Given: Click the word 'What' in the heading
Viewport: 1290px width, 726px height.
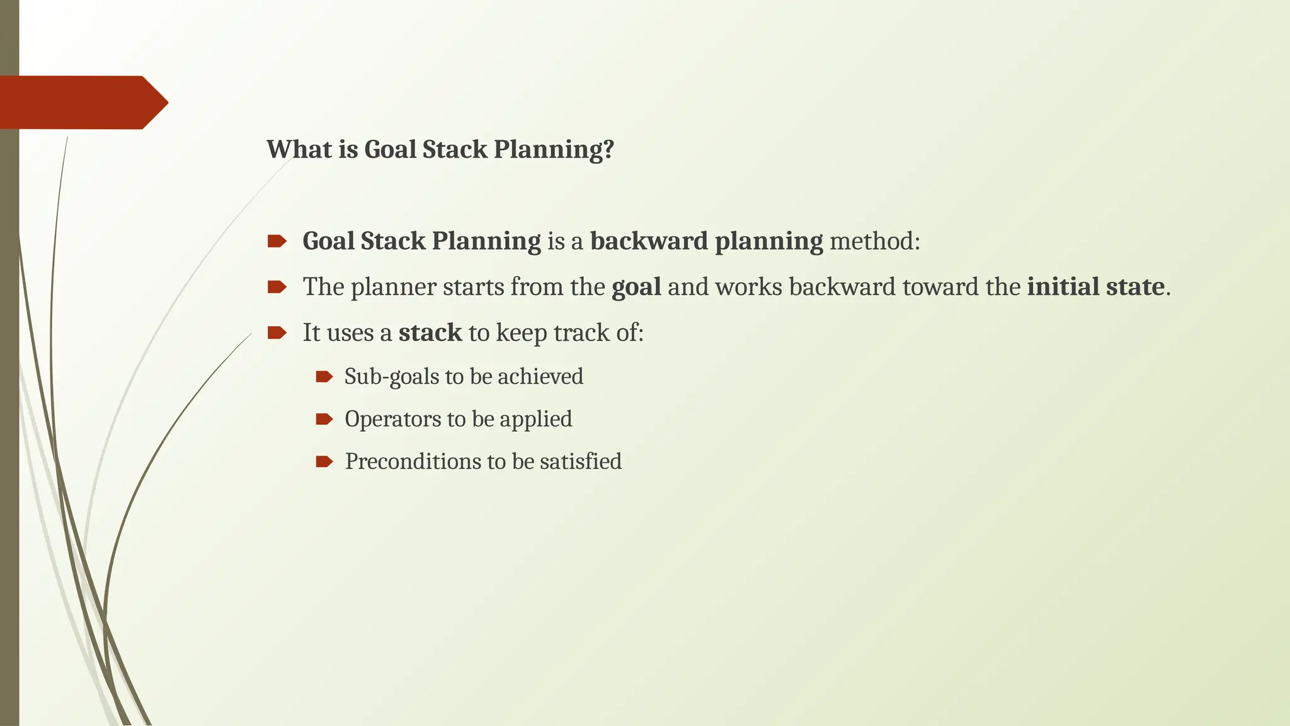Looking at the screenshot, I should click(x=290, y=150).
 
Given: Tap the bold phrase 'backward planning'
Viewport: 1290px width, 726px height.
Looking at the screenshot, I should click(x=706, y=241).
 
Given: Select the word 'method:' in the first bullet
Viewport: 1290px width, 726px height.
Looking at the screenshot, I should click(x=875, y=241).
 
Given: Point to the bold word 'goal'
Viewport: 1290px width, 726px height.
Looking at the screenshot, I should click(x=636, y=287).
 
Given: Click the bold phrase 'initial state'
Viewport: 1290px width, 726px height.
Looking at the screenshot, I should click(x=1095, y=287).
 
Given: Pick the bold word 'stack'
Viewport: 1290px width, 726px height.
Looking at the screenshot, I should click(x=430, y=333).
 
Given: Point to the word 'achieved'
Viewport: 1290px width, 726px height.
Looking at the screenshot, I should click(x=540, y=377).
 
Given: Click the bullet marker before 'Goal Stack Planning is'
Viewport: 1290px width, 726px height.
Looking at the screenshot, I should click(x=277, y=241).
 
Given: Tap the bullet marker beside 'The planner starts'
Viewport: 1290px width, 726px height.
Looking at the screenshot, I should click(x=277, y=287).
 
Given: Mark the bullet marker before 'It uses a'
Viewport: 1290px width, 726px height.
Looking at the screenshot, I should click(x=277, y=333).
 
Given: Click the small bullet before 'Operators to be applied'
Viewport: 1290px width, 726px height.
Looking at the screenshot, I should click(x=324, y=419).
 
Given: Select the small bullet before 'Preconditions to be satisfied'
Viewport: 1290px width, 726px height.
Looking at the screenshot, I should click(x=324, y=461).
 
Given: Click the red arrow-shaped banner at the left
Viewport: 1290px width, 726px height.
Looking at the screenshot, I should click(x=82, y=102).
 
